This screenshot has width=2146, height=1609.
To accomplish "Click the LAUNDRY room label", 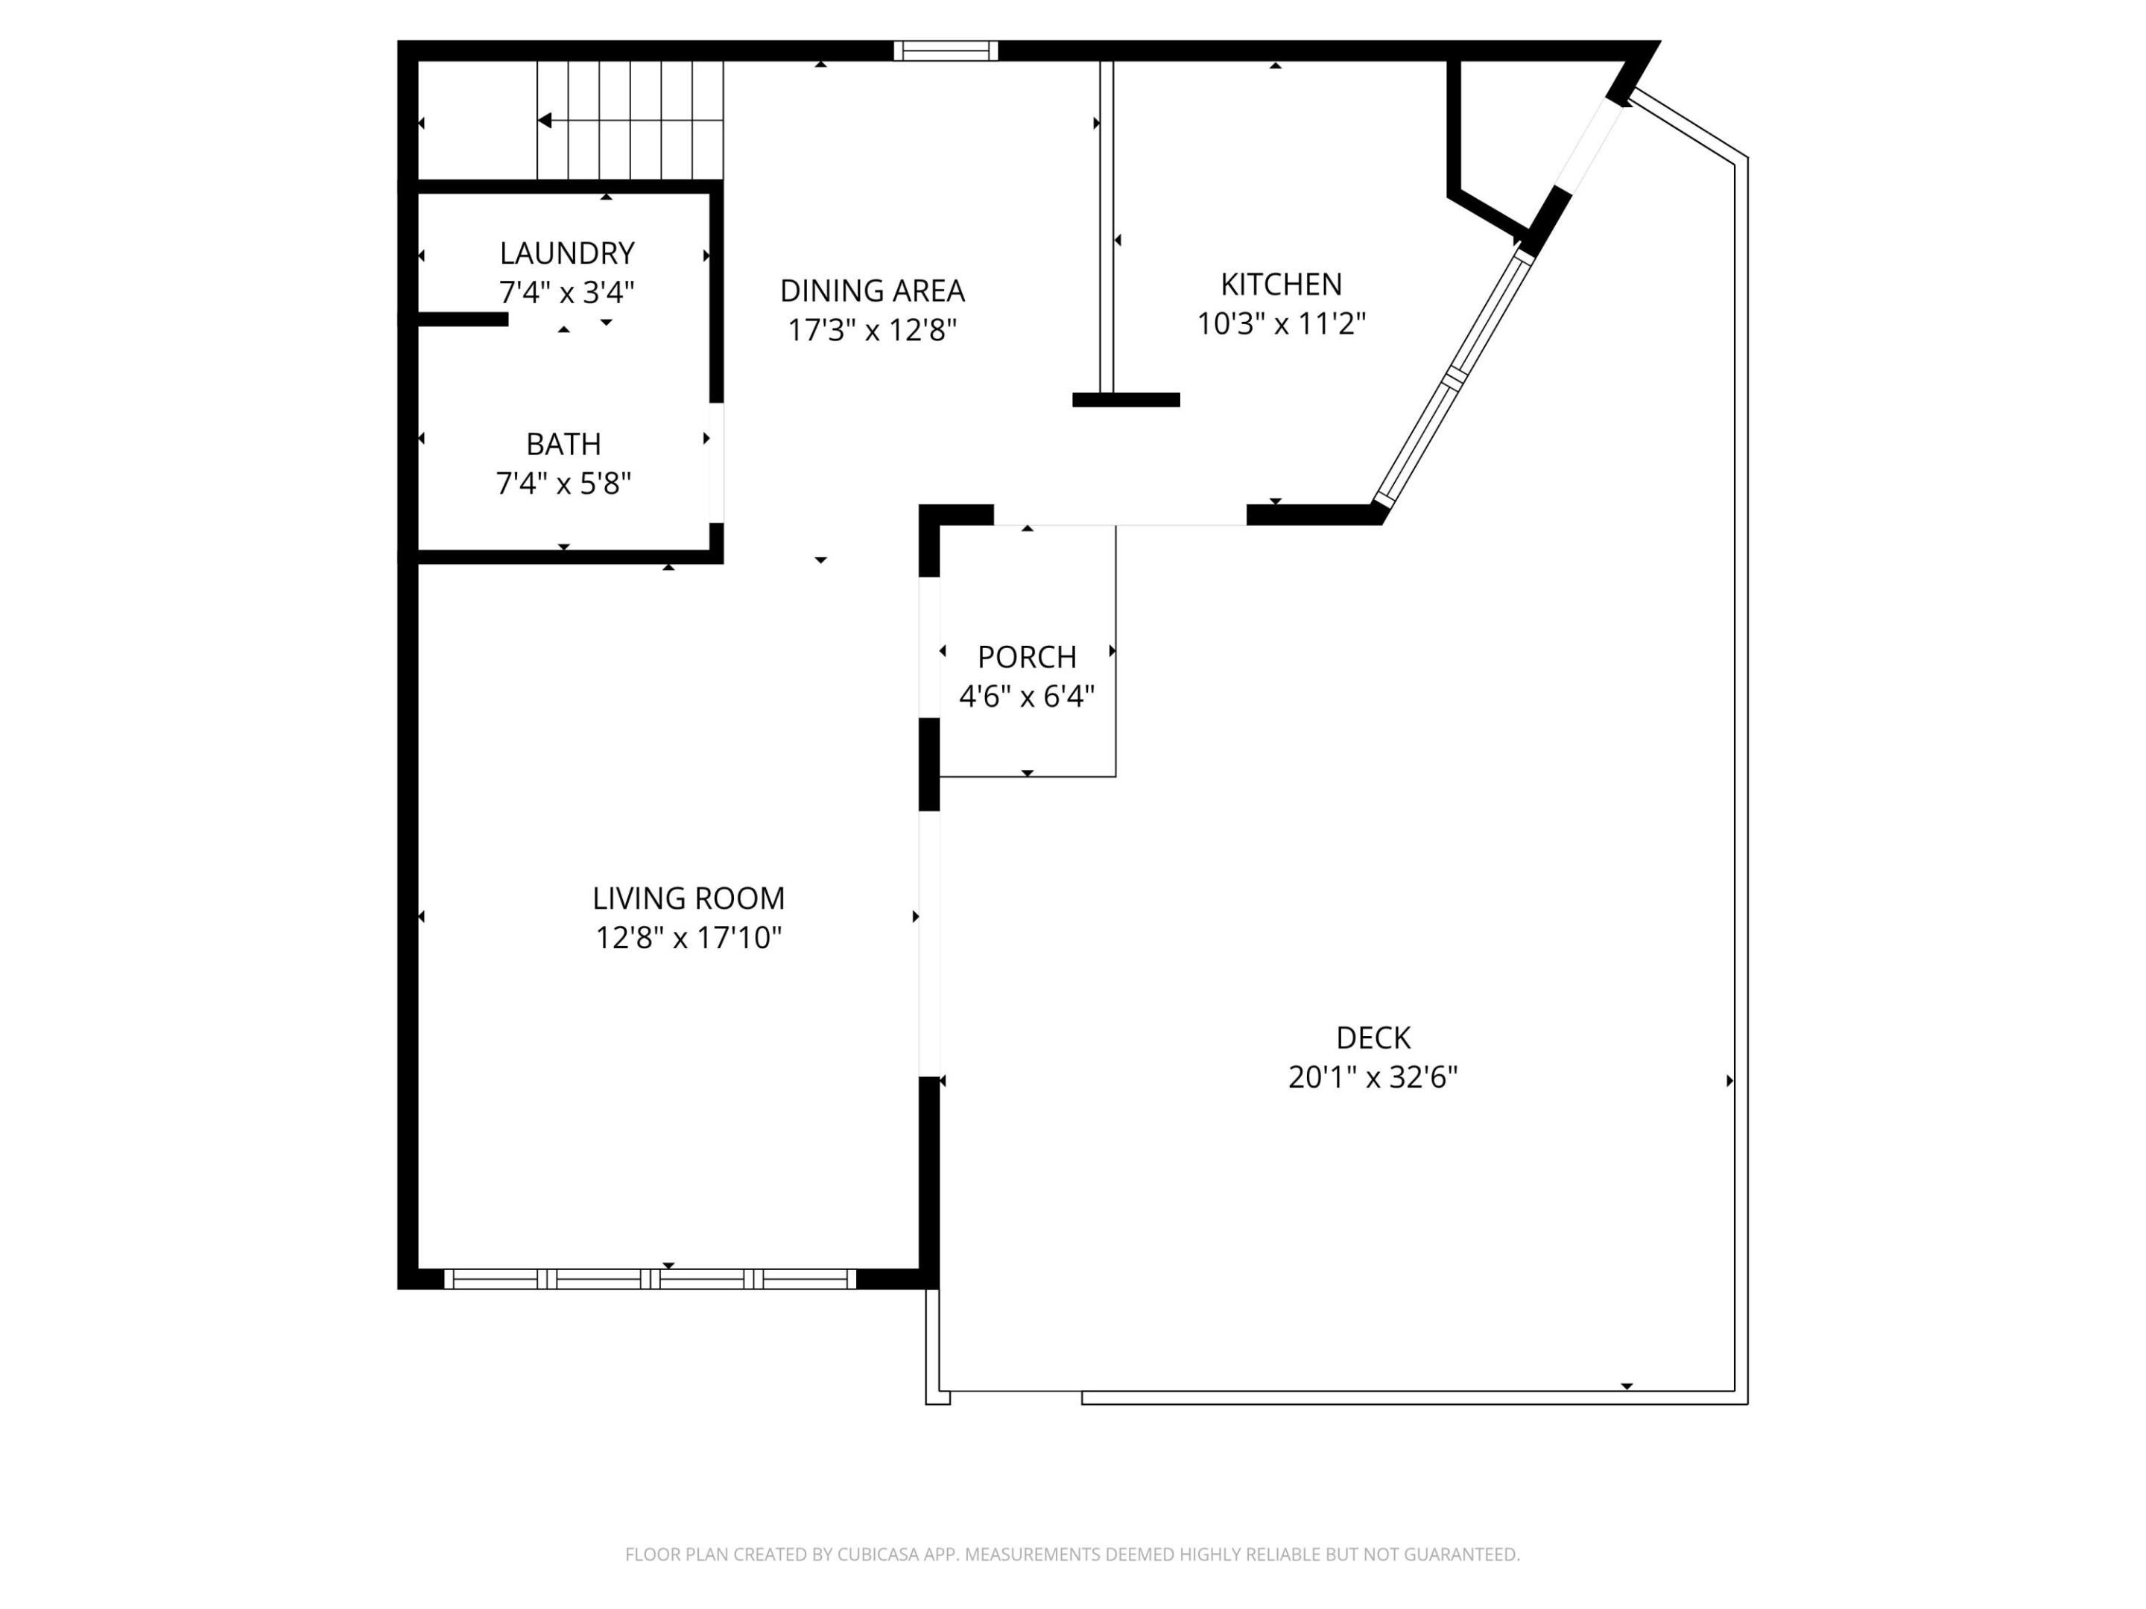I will click(x=566, y=253).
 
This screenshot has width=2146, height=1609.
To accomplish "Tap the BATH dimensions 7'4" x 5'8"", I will click(x=563, y=483).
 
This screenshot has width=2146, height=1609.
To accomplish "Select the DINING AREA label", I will click(x=871, y=291).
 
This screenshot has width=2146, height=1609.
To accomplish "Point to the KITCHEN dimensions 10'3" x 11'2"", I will click(x=1281, y=324).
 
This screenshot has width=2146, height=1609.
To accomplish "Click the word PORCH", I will click(x=1027, y=658).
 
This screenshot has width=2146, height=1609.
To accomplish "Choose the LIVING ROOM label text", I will click(x=688, y=899).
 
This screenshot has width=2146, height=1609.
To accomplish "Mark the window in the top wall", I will click(x=945, y=51).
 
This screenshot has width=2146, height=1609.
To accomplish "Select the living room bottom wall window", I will click(x=650, y=1279).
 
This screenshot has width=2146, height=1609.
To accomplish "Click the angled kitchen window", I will click(x=1453, y=378).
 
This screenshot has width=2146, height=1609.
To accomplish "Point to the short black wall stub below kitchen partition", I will click(x=1125, y=399).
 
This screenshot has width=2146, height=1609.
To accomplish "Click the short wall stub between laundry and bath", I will click(x=463, y=319).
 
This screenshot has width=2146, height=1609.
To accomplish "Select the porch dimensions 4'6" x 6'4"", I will click(x=1027, y=696).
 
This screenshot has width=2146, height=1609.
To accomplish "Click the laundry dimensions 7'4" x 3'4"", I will click(x=566, y=292).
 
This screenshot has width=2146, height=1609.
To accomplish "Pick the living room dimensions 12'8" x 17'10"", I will click(x=688, y=938).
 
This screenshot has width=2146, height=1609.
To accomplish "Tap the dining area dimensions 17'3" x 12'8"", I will click(x=871, y=331).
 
